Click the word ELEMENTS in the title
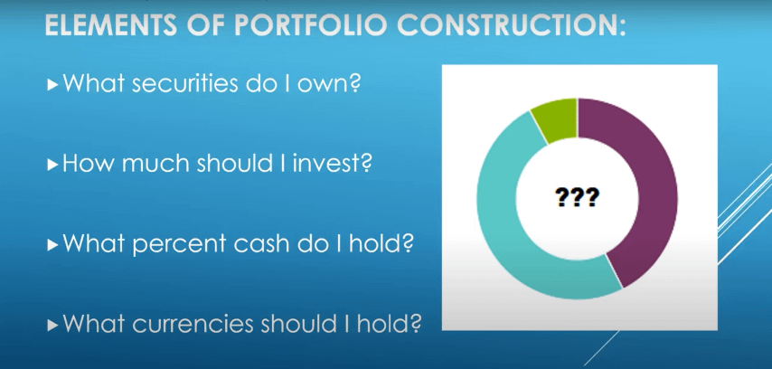(111, 24)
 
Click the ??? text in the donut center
(577, 197)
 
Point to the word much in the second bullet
(156, 163)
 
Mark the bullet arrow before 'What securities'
(52, 85)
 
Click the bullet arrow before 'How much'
(52, 165)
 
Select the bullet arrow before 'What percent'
(52, 244)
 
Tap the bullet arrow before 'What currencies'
(52, 325)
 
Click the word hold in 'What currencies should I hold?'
(389, 323)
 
